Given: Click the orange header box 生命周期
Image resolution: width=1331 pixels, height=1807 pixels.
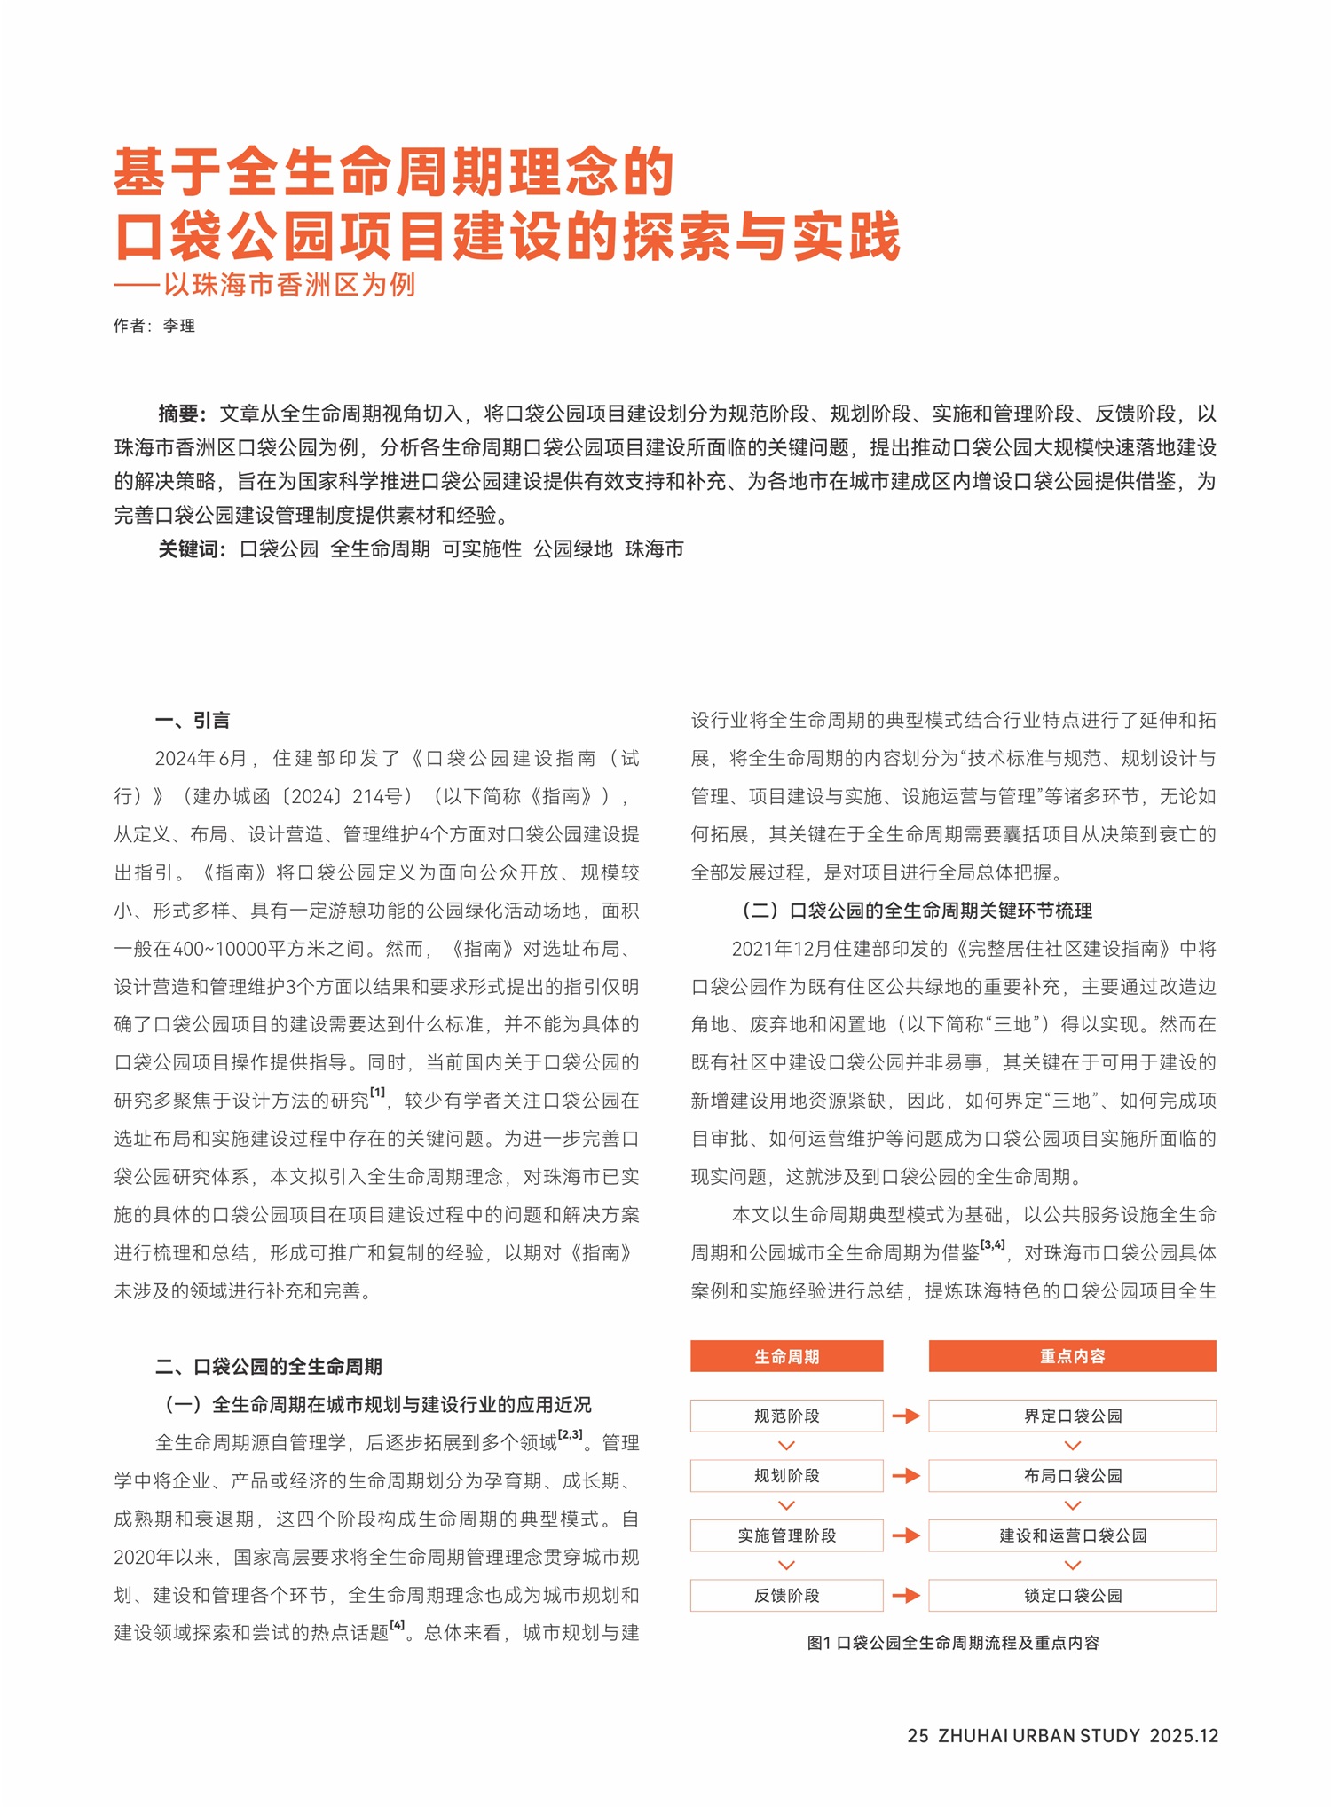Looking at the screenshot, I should (x=786, y=1356).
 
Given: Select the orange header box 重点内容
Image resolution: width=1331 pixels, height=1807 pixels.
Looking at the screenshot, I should (x=1072, y=1356).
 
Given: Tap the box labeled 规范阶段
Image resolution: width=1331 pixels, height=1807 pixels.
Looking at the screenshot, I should (x=786, y=1416).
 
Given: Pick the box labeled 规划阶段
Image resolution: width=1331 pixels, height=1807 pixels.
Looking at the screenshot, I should (x=786, y=1476).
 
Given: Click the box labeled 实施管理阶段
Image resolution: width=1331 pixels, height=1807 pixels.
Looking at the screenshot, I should (x=786, y=1535).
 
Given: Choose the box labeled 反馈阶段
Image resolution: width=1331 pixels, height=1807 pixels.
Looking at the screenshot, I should (x=786, y=1596).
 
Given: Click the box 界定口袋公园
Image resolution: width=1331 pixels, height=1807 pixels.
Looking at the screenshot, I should (x=1072, y=1416).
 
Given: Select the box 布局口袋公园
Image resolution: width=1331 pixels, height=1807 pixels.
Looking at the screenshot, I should (x=1072, y=1476).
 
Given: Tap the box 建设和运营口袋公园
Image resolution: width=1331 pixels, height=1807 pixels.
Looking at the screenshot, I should (x=1072, y=1535).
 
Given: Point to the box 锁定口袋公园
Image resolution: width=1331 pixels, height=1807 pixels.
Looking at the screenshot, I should (x=1072, y=1596).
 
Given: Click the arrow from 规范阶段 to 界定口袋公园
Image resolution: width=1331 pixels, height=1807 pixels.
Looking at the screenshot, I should (x=906, y=1416).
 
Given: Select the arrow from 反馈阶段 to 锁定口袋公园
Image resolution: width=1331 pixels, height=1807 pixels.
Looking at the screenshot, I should (x=906, y=1596).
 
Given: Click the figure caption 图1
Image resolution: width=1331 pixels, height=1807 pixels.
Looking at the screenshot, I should (x=953, y=1643).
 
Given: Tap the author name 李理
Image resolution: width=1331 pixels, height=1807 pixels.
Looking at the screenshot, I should (x=179, y=326).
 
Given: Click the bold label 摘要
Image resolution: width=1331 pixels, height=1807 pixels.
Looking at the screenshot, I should (x=181, y=414).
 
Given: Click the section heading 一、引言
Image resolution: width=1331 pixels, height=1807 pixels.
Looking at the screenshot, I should (x=193, y=720).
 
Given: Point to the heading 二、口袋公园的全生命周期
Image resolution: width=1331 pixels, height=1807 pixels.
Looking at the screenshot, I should (x=269, y=1366).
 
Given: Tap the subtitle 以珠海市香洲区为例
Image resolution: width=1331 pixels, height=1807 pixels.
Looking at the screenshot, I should (x=288, y=285).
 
